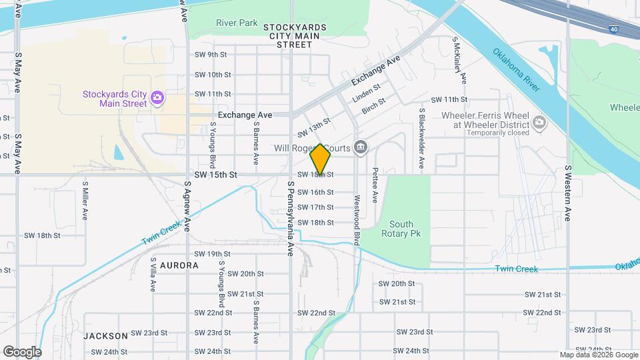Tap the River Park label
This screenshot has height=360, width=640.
[237, 23]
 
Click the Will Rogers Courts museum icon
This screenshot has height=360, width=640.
[361, 147]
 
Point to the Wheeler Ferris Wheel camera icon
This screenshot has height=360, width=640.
[539, 121]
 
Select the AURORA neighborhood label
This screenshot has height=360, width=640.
[179, 265]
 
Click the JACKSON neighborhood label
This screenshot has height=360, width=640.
[105, 336]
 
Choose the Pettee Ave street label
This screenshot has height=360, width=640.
[375, 185]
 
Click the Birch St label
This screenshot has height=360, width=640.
[373, 104]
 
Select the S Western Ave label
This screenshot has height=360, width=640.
[568, 193]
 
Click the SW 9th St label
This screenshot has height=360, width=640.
[211, 55]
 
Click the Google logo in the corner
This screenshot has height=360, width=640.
[22, 351]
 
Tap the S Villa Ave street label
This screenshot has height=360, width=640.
[153, 275]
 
